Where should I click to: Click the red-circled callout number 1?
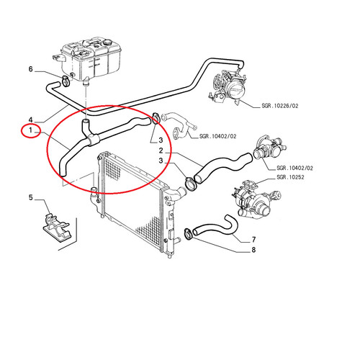click(30, 130)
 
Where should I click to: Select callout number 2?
click(161, 150)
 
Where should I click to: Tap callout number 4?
click(30, 120)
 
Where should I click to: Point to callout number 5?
click(30, 197)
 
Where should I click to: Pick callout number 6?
click(30, 69)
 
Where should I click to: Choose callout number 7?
click(253, 240)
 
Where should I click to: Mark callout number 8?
click(253, 250)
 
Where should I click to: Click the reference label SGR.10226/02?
click(280, 106)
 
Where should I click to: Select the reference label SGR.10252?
click(290, 177)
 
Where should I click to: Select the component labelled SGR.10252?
click(256, 200)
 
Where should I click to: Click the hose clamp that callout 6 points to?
click(66, 81)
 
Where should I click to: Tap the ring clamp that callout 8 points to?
click(188, 234)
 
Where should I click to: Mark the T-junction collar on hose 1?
click(93, 140)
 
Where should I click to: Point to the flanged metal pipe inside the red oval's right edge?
click(180, 124)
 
